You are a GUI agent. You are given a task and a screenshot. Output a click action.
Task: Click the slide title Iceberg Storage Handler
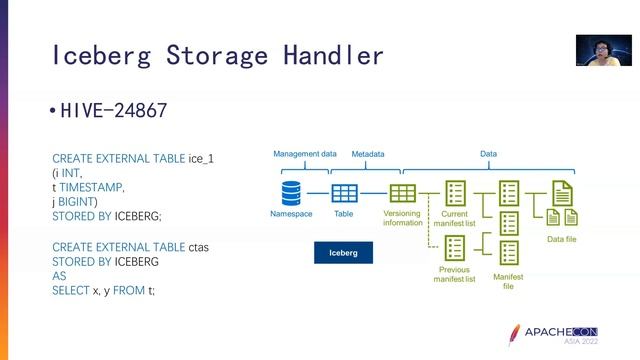click(x=216, y=53)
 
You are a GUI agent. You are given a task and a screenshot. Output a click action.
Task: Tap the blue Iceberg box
click(x=343, y=253)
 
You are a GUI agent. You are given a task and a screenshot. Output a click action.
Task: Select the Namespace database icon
click(x=291, y=193)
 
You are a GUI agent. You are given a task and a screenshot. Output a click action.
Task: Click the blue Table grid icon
click(x=344, y=193)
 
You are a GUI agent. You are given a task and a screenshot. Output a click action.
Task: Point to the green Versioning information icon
click(x=402, y=193)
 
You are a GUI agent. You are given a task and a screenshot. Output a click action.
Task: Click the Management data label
click(x=305, y=154)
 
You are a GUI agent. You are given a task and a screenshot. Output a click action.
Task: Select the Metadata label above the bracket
click(x=367, y=155)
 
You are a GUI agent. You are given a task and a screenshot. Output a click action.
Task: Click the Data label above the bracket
click(x=488, y=154)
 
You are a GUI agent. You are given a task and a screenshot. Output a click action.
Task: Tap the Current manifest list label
click(x=455, y=218)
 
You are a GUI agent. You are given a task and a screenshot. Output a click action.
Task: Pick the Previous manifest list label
click(x=454, y=274)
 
